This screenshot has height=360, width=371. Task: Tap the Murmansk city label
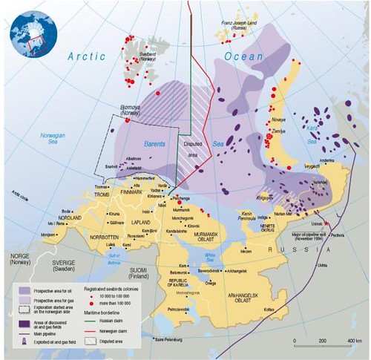pos(185,212)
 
